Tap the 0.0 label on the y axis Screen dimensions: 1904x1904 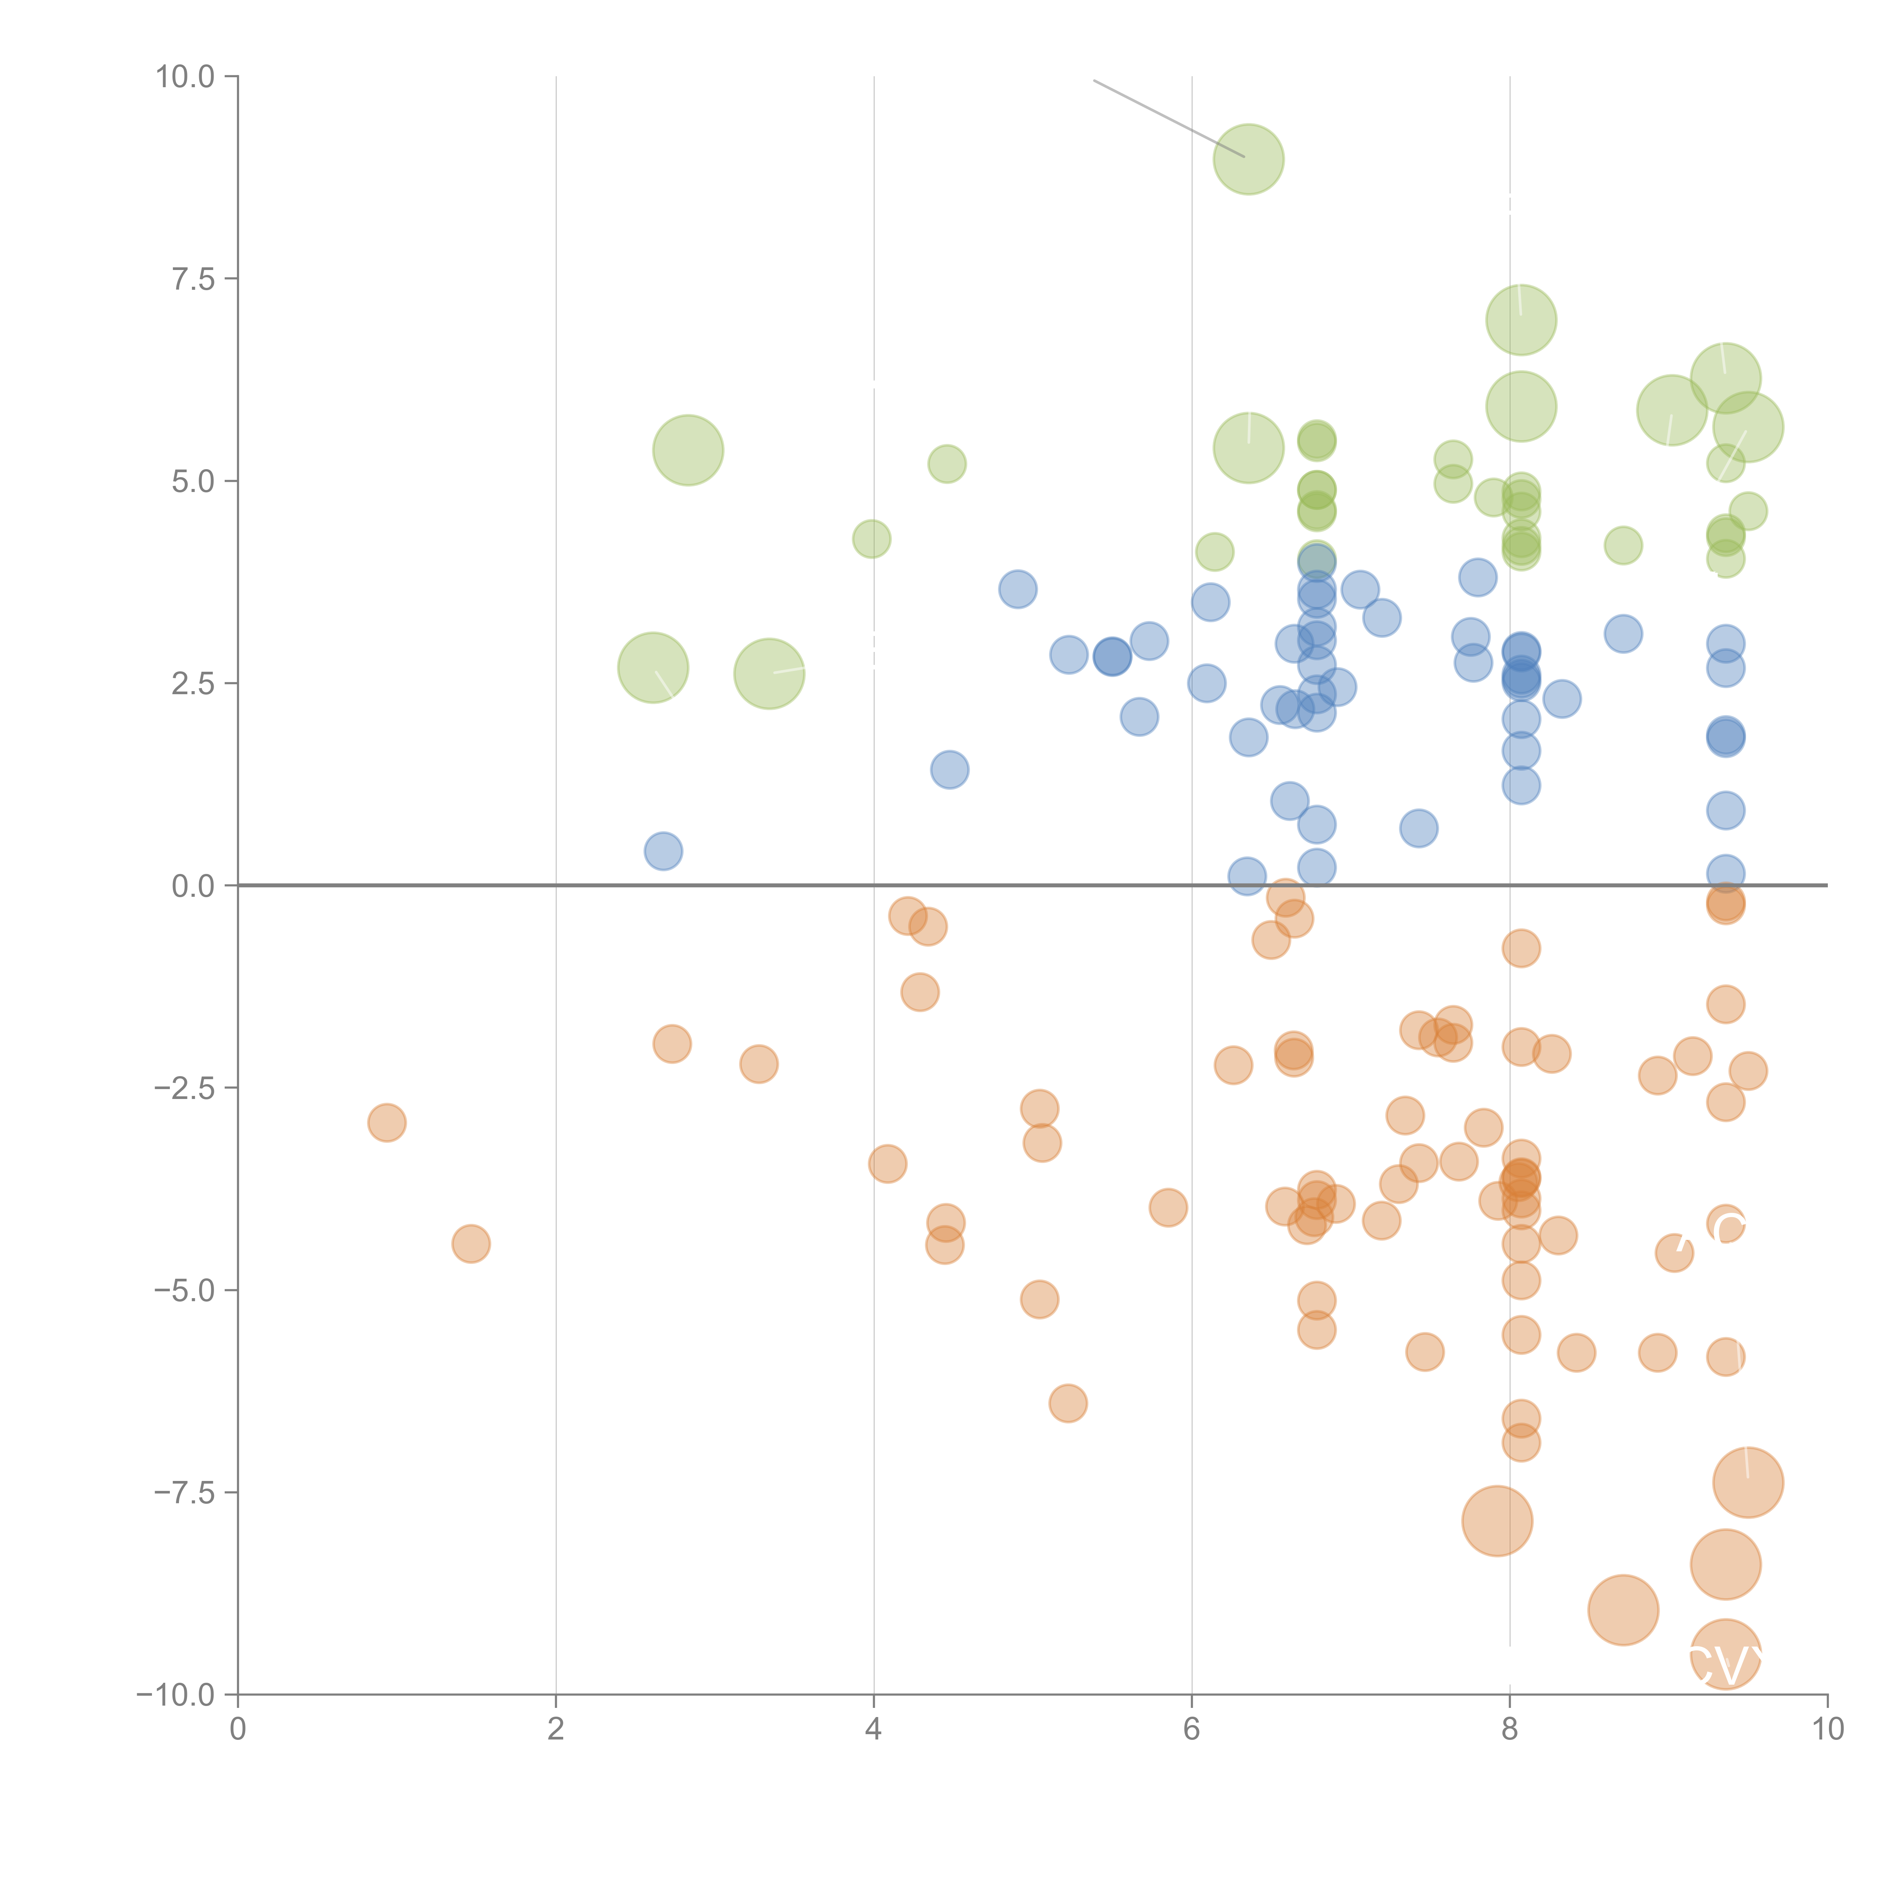(x=192, y=886)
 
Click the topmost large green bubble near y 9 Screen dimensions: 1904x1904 (x=1249, y=160)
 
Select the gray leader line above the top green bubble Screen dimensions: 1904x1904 (x=1168, y=118)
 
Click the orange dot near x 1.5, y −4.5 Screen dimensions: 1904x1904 (x=471, y=1244)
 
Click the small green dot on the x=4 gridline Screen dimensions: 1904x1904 (x=871, y=539)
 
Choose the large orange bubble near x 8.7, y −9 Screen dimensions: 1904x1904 (x=1623, y=1610)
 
